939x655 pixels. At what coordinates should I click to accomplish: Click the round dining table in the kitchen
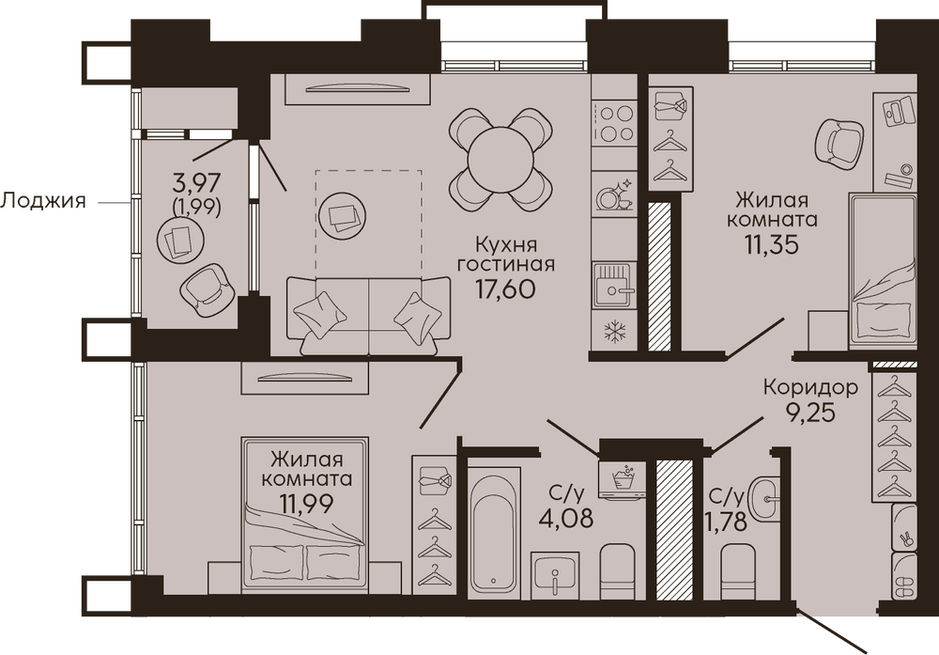(500, 160)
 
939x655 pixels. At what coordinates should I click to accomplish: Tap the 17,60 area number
(505, 289)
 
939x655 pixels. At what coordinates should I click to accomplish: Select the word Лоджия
(43, 201)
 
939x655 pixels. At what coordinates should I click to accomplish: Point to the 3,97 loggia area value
(197, 180)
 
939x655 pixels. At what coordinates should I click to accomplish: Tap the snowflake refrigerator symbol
(614, 332)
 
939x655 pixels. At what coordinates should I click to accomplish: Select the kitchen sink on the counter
(614, 285)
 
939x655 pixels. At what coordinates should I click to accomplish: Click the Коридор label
(811, 387)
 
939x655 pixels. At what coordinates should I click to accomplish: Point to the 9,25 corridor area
(810, 413)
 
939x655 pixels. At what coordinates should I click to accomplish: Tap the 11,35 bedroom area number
(772, 244)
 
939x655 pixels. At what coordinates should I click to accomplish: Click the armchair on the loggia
(206, 289)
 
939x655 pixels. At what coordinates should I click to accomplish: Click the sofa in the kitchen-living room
(368, 315)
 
